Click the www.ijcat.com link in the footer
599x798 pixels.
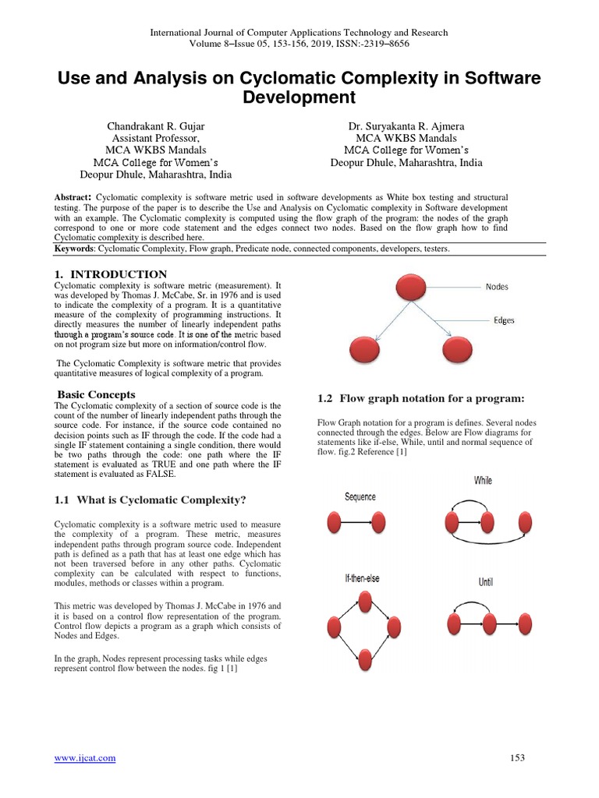pos(84,757)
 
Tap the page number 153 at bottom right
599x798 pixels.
pos(517,757)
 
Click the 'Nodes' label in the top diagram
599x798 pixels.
pos(496,287)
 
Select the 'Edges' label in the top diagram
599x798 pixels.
pos(504,320)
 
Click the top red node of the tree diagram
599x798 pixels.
pos(411,286)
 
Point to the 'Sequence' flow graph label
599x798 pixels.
pos(360,497)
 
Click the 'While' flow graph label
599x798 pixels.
pos(483,480)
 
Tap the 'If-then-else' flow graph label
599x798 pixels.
pos(363,578)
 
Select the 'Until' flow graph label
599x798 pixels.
pos(485,582)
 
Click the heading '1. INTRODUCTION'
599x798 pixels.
pos(110,274)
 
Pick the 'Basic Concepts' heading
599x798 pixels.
pos(97,394)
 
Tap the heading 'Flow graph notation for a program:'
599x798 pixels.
pos(420,398)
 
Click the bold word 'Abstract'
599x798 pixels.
pos(73,197)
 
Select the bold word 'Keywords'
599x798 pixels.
pos(73,248)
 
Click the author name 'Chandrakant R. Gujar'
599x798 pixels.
pos(156,126)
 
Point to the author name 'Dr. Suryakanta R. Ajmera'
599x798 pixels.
pos(406,126)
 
